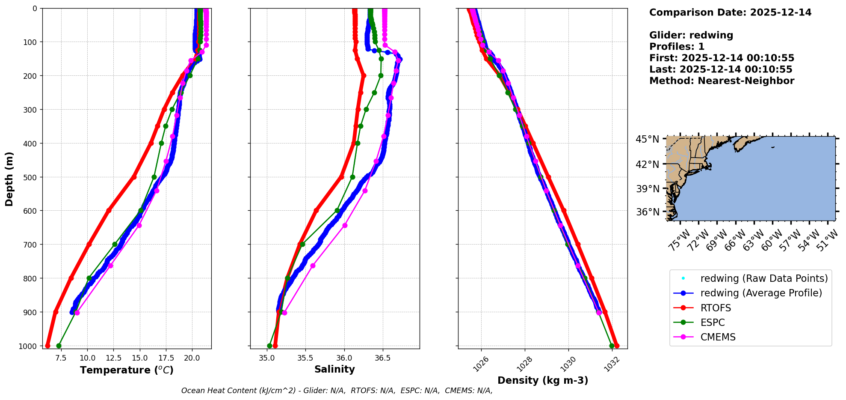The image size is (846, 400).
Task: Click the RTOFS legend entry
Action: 716,308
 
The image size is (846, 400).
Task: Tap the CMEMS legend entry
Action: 718,337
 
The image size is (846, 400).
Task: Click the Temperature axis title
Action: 127,370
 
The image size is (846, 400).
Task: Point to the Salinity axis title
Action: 334,369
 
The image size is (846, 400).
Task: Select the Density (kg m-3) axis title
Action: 543,380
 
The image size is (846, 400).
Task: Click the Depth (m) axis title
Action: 9,179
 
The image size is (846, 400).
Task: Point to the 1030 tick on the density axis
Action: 568,364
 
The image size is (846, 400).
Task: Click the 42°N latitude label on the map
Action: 647,164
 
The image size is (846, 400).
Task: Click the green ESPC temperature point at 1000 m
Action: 59,346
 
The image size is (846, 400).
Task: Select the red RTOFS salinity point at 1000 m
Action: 275,346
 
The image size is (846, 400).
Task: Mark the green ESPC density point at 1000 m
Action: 612,346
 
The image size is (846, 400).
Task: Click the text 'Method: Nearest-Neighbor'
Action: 722,81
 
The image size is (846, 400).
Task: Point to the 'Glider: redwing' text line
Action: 691,35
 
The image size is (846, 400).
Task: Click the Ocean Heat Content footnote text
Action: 337,391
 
